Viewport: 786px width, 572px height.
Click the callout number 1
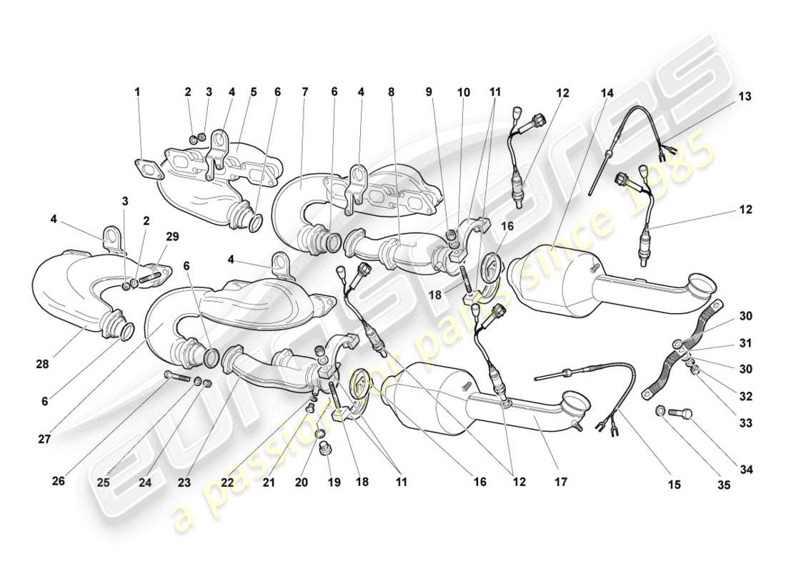coord(137,92)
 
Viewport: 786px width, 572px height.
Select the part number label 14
coord(607,92)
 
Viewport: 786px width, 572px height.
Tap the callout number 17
coord(560,483)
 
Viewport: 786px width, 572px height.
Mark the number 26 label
coord(58,482)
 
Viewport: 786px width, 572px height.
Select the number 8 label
coord(391,92)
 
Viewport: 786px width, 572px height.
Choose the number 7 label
coord(305,92)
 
